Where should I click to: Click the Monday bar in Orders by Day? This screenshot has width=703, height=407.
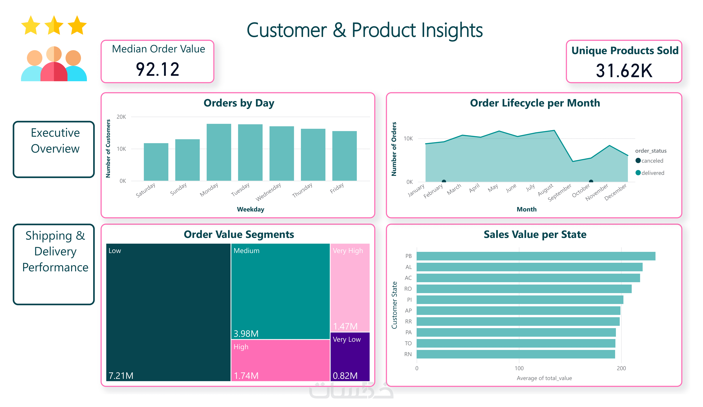pos(219,152)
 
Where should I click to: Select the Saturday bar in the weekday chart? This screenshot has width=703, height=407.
pos(156,162)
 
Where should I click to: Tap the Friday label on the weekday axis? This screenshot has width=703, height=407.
pos(337,188)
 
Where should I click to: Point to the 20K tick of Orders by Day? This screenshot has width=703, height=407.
pos(121,117)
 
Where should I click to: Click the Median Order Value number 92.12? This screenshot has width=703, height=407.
pos(158,69)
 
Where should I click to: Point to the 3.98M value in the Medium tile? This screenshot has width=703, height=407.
pos(246,334)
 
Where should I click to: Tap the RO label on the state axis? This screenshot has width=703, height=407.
pos(408,289)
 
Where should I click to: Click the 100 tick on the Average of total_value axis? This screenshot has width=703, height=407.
pos(519,368)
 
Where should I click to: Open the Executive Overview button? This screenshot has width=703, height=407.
pos(54,149)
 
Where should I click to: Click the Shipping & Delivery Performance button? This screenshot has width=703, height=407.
pos(54,264)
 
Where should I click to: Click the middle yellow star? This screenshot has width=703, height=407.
pos(54,26)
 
